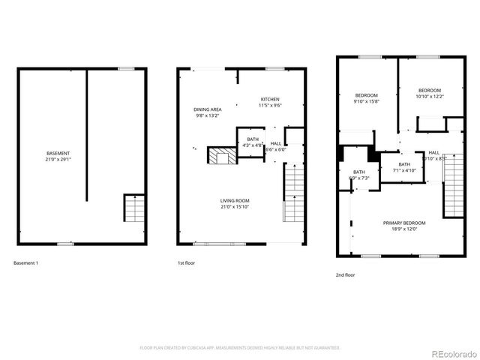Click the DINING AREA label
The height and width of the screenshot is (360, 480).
208,109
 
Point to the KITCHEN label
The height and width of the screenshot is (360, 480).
270,99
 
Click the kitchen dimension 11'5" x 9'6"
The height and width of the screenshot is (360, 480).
270,106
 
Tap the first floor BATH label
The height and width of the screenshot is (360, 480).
253,139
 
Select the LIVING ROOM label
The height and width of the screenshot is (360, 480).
235,200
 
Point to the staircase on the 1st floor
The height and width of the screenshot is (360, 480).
294,193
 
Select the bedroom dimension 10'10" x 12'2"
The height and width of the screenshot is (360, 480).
430,96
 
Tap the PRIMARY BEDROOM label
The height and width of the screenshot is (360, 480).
404,223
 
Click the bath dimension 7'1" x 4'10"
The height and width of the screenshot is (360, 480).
404,170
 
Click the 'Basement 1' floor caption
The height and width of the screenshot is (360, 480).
26,263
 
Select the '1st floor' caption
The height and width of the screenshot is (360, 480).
187,263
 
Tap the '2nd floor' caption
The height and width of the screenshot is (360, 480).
346,275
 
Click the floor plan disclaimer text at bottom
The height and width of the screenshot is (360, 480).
240,348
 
